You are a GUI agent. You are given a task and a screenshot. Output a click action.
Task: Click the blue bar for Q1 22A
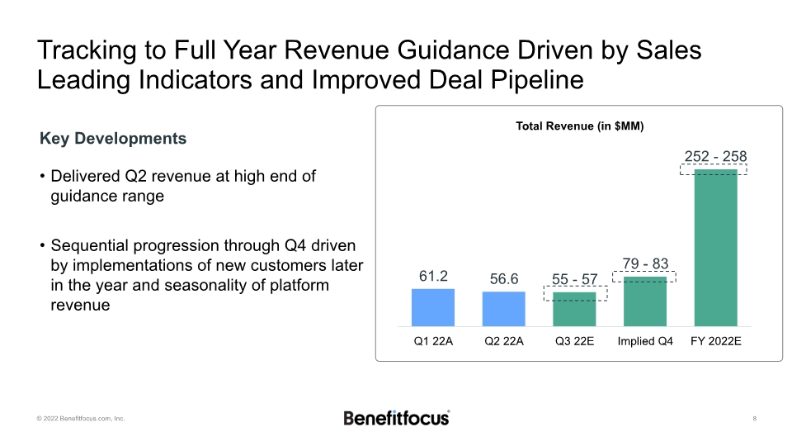(x=433, y=307)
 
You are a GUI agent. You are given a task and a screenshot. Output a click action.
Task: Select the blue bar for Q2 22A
(x=503, y=309)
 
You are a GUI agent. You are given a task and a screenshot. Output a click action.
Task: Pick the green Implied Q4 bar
(x=645, y=302)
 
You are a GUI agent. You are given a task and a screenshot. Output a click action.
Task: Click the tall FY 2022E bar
(x=716, y=248)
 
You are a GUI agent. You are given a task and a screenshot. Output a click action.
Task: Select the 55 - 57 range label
(x=574, y=280)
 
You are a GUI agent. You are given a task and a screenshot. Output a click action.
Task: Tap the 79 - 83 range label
(x=645, y=264)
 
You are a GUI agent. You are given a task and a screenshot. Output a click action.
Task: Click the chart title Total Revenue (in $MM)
(x=579, y=126)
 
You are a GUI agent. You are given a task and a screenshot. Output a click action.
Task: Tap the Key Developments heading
(x=113, y=139)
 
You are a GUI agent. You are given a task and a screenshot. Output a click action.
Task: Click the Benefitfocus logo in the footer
(x=396, y=417)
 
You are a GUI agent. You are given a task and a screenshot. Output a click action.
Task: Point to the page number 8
(x=755, y=419)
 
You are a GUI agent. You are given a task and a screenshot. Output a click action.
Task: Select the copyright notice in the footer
(x=80, y=419)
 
